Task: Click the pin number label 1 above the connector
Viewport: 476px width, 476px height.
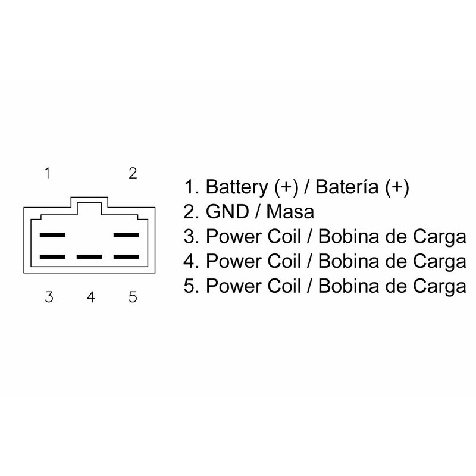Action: [x=47, y=174]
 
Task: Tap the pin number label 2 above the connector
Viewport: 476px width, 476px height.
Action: [x=133, y=173]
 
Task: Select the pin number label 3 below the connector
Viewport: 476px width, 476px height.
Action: [x=49, y=296]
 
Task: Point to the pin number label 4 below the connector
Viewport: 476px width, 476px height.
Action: [x=91, y=296]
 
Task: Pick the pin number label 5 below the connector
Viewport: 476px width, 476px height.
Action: [x=133, y=296]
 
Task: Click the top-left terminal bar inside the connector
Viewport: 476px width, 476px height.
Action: [x=52, y=235]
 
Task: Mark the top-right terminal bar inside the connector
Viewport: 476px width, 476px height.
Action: [x=126, y=235]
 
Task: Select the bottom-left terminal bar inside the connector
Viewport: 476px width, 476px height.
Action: [x=52, y=258]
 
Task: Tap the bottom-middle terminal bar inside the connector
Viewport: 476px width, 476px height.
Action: [x=89, y=258]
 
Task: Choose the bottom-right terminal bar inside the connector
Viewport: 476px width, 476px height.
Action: [x=126, y=258]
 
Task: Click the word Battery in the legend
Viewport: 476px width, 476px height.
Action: [x=237, y=187]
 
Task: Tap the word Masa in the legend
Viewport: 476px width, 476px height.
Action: [x=290, y=212]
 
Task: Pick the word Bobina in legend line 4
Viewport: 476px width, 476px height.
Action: [x=346, y=261]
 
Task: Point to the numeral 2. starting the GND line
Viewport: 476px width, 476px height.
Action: [x=192, y=212]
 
